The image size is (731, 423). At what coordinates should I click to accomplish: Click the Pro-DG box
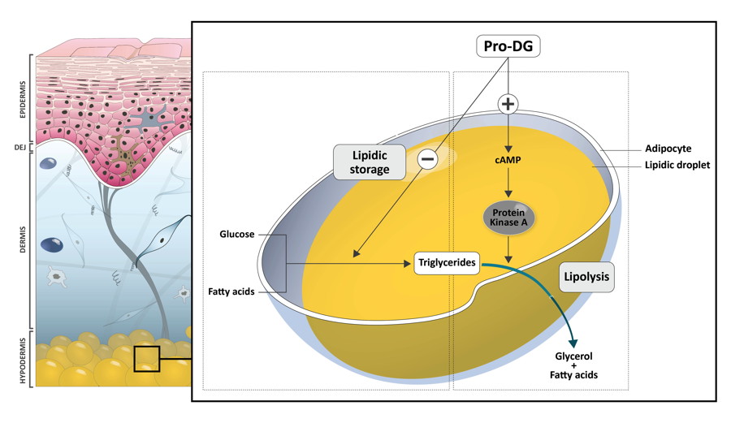coord(508,46)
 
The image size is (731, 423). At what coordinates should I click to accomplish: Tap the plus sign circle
coord(508,104)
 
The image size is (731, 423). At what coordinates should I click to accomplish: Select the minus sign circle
coord(427,159)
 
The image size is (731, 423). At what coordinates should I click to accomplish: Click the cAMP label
coord(508,160)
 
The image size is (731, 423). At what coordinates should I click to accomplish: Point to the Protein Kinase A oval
coord(508,218)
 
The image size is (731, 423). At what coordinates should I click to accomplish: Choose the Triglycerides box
coord(447,263)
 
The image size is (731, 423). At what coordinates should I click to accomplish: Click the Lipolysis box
coord(586,277)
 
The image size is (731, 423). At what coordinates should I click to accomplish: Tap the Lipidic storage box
coord(370,162)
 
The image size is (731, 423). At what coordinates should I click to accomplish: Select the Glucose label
coord(237,235)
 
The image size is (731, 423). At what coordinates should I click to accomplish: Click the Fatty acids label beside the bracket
coord(231,291)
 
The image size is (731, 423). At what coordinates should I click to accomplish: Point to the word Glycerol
coord(573,356)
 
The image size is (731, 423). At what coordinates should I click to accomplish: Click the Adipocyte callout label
coord(668,149)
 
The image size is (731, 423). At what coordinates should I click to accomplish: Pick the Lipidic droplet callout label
coord(677,165)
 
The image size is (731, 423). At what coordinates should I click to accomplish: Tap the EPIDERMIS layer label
coord(23,99)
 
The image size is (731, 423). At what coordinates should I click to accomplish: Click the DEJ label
coord(20,148)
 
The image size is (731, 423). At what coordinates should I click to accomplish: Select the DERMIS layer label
coord(23,240)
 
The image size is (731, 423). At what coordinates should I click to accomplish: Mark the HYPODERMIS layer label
coord(23,359)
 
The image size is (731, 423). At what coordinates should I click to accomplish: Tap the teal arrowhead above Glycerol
coord(573,343)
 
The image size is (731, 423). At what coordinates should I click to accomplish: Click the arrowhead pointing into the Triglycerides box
coord(407,264)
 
